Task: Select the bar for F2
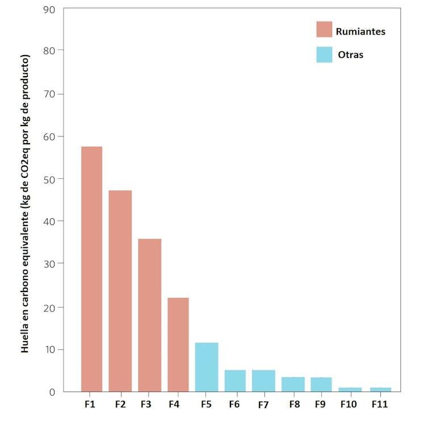[x=120, y=291]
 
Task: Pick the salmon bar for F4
[x=178, y=344]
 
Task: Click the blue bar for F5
[x=207, y=366]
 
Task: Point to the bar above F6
[x=235, y=381]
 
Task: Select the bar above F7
[x=263, y=381]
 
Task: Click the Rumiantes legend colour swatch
[x=324, y=30]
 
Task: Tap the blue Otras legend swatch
[x=324, y=55]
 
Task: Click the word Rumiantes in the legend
[x=360, y=31]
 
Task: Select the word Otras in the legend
[x=350, y=55]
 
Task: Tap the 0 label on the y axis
[x=52, y=392]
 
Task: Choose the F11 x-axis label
[x=380, y=405]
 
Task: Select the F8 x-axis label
[x=293, y=405]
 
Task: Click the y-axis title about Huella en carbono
[x=26, y=205]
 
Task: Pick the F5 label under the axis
[x=207, y=405]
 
